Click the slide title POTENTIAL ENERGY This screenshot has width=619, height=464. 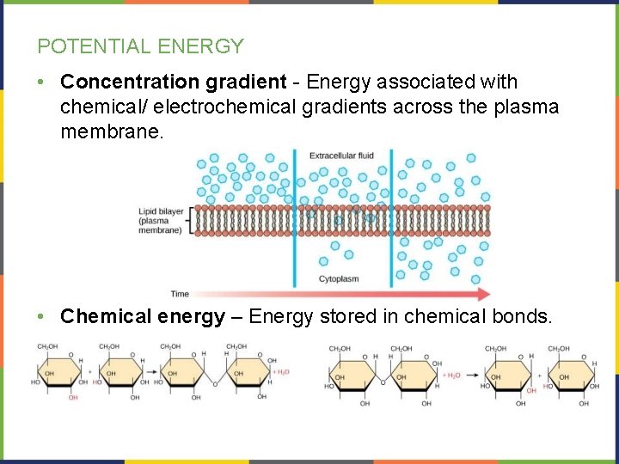point(140,46)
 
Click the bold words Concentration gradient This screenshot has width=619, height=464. point(173,82)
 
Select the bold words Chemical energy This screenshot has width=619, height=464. point(143,317)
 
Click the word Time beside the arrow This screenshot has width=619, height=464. point(180,294)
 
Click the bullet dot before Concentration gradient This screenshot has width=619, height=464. point(42,83)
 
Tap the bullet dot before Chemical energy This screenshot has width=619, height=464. point(42,317)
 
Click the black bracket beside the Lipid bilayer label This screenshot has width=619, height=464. point(187,220)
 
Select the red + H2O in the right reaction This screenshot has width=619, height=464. point(453,375)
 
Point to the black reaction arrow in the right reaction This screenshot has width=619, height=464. point(475,375)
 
